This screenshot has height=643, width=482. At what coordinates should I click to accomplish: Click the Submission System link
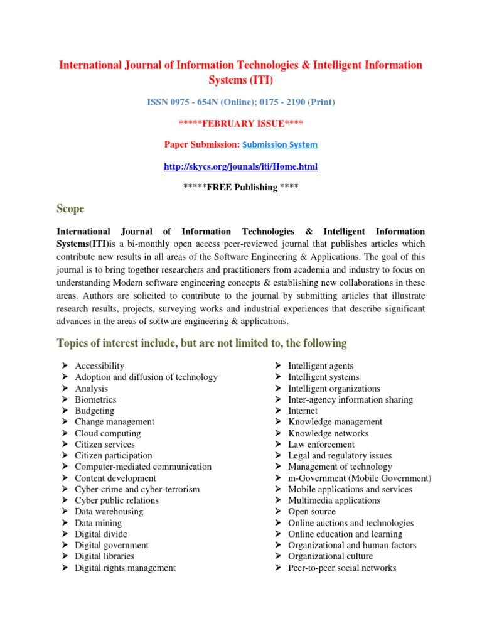click(x=280, y=145)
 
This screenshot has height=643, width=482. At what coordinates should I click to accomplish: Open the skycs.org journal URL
click(x=240, y=166)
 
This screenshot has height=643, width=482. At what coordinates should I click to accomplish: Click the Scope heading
click(x=70, y=208)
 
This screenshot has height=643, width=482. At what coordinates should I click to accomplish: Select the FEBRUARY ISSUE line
click(x=240, y=123)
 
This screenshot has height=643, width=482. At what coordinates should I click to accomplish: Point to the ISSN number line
click(x=240, y=102)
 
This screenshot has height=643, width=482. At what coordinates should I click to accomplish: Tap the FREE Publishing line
click(x=240, y=187)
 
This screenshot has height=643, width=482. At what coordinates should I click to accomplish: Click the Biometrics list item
click(x=95, y=399)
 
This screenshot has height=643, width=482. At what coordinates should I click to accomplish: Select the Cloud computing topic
click(x=107, y=433)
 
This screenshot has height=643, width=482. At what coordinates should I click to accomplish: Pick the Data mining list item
click(x=98, y=523)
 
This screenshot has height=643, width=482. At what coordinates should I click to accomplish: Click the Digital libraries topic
click(x=104, y=556)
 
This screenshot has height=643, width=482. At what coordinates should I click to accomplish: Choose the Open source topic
click(x=312, y=512)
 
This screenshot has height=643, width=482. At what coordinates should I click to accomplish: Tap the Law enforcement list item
click(x=321, y=445)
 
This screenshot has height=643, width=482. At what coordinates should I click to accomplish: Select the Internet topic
click(x=303, y=411)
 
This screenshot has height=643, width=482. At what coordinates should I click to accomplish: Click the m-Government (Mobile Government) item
click(x=360, y=478)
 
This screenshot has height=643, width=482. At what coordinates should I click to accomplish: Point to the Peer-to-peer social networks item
click(x=342, y=568)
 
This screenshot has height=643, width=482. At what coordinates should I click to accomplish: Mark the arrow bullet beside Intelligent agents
click(x=277, y=365)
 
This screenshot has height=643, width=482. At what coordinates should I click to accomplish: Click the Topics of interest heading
click(x=201, y=343)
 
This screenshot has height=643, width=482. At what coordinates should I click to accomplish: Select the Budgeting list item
click(x=94, y=411)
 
